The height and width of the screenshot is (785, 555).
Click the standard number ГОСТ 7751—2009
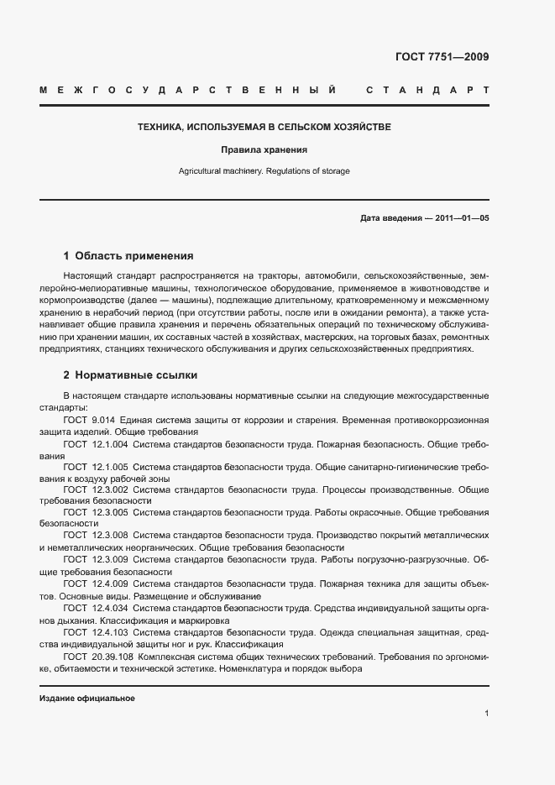442,57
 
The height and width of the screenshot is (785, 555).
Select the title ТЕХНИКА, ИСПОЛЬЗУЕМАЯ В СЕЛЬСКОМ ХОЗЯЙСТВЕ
264,128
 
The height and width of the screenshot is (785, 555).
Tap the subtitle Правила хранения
264,150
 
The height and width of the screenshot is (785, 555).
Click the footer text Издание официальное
87,699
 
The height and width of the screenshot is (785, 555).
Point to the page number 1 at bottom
486,714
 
